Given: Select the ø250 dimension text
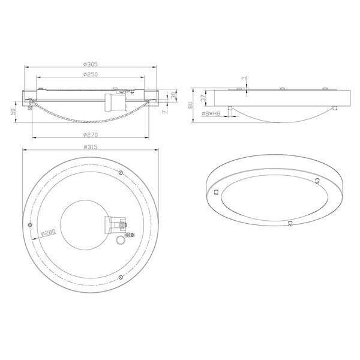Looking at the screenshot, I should click(91, 74).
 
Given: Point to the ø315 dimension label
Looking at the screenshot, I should click(91, 146).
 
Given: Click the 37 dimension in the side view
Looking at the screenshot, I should click(203, 97).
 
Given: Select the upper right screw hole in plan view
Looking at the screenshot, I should click(121, 173).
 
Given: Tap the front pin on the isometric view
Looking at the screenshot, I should click(290, 223).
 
